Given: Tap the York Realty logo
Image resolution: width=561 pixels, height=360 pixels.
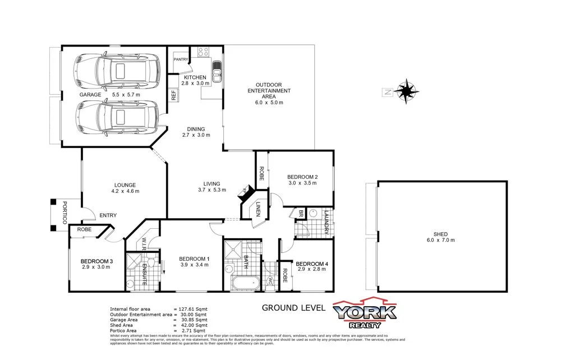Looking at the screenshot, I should pyautogui.click(x=365, y=315).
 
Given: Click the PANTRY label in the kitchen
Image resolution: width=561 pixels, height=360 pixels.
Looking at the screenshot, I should pyautogui.click(x=181, y=59).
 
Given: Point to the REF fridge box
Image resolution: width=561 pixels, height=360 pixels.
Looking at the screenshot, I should pyautogui.click(x=174, y=95).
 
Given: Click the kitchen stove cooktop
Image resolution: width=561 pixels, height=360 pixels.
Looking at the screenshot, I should pyautogui.click(x=203, y=53).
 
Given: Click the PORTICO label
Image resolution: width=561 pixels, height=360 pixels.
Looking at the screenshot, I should pyautogui.click(x=65, y=213).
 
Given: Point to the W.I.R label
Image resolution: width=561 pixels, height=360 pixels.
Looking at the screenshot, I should pyautogui.click(x=144, y=243).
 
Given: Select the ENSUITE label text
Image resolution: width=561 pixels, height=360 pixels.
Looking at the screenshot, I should pyautogui.click(x=144, y=274).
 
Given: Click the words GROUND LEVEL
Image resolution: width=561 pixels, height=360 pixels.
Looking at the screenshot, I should pyautogui.click(x=293, y=307).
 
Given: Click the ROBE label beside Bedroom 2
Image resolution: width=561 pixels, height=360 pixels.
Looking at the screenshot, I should pyautogui.click(x=261, y=174).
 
